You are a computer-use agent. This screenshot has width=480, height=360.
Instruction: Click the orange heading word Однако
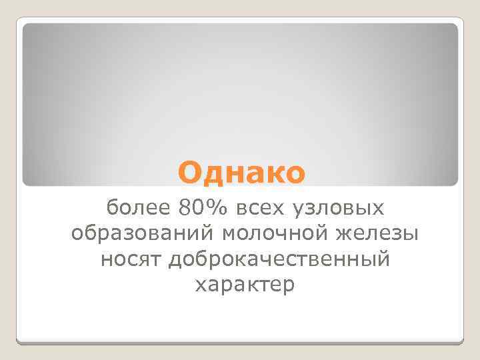tap(241, 173)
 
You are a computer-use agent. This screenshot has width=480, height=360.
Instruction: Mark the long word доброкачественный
tap(278, 260)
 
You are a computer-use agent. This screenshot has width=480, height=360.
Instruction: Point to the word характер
tap(243, 285)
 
